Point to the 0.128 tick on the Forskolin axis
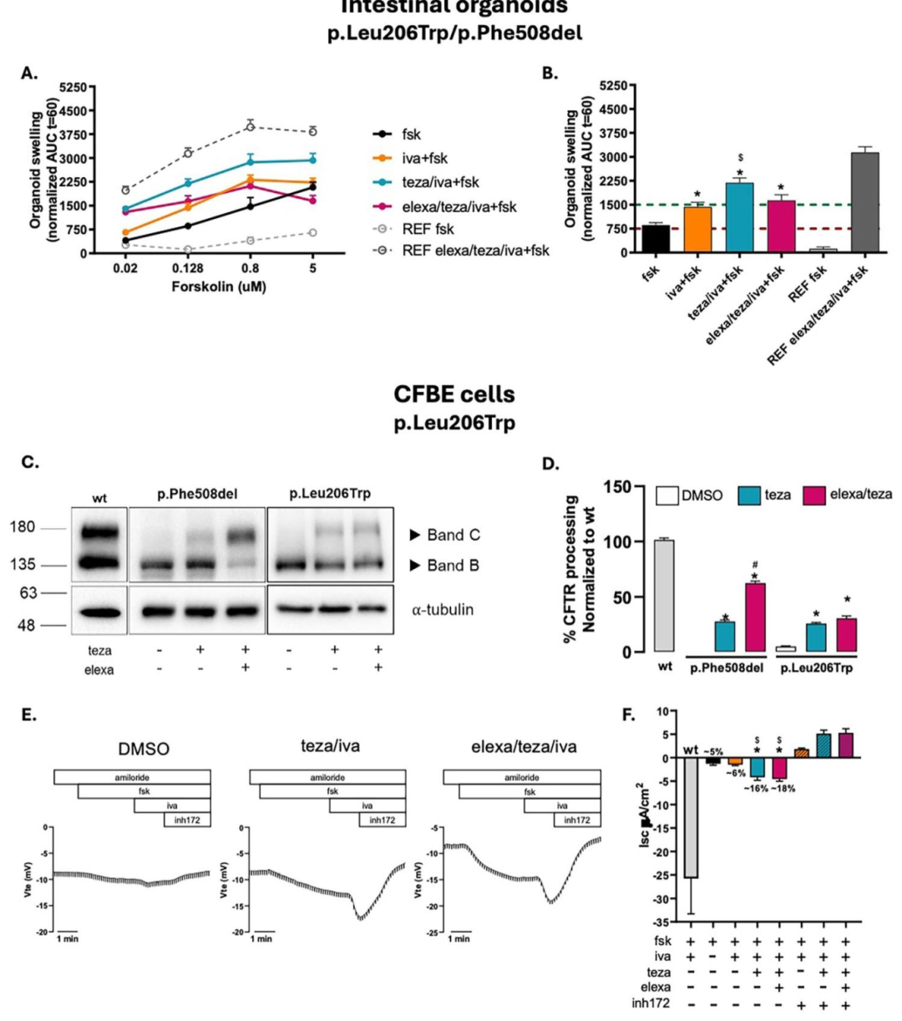pos(188,269)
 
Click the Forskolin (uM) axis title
pos(219,287)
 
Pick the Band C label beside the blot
pos(454,535)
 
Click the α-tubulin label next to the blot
pos(442,610)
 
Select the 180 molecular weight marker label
pos(23,527)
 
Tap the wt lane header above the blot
pos(99,498)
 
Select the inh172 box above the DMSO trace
pos(187,820)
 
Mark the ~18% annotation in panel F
pos(783,788)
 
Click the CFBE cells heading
pos(454,394)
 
